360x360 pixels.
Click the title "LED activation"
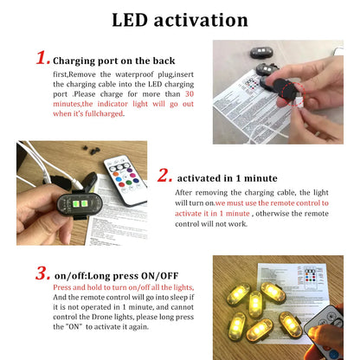pyautogui.click(x=179, y=19)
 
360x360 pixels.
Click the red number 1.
pyautogui.click(x=42, y=58)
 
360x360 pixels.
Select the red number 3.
pyautogui.click(x=42, y=273)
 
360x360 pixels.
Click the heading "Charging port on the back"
pyautogui.click(x=114, y=61)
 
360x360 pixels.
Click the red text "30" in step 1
pyautogui.click(x=194, y=93)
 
